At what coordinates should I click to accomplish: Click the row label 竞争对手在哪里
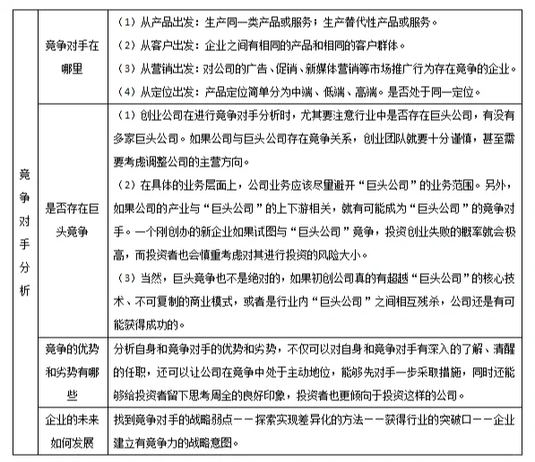coord(73,55)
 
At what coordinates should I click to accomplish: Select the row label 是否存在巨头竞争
coord(73,221)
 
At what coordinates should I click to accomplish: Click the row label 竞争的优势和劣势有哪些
coord(73,372)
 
